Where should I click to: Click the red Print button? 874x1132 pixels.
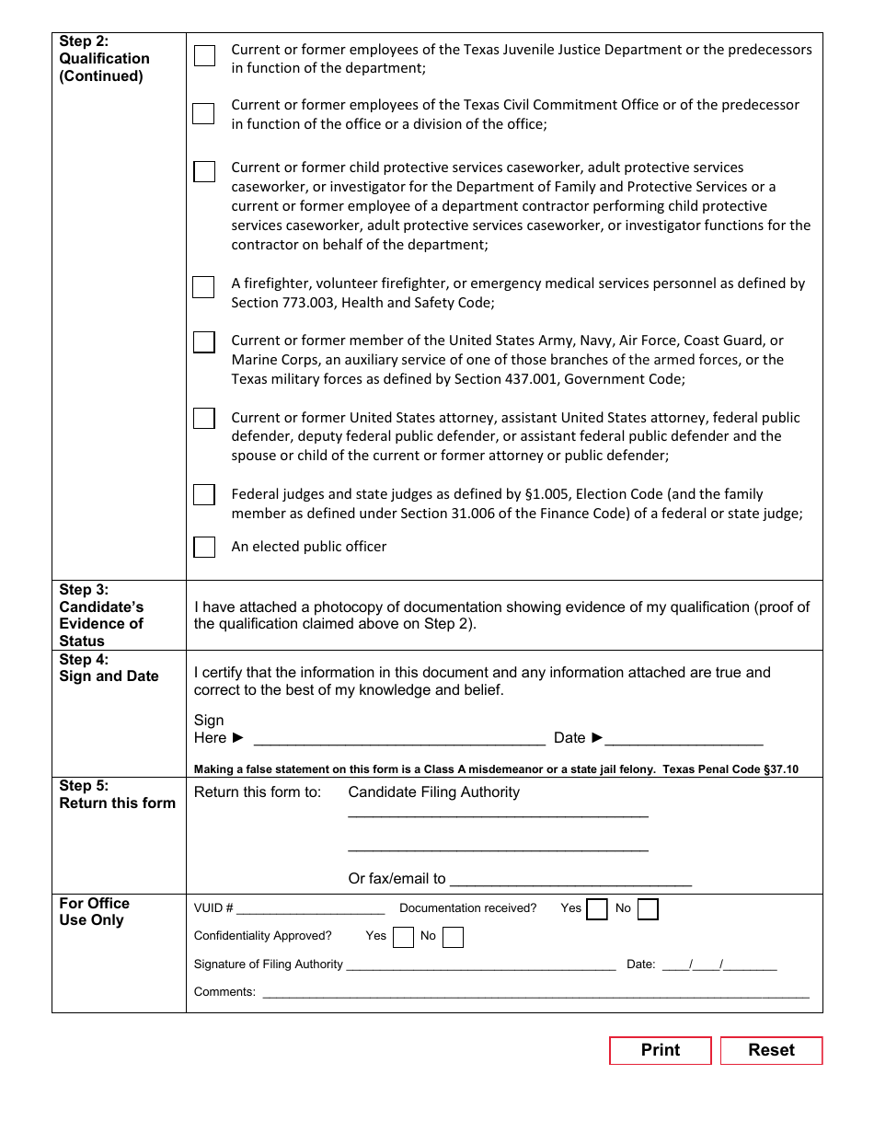pyautogui.click(x=660, y=1050)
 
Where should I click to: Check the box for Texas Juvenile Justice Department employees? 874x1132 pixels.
pyautogui.click(x=204, y=55)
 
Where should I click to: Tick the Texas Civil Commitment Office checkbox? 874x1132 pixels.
pyautogui.click(x=203, y=113)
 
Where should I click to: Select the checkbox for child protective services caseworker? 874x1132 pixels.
pyautogui.click(x=204, y=171)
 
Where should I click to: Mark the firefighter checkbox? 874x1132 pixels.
pyautogui.click(x=203, y=287)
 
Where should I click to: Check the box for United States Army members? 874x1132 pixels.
pyautogui.click(x=204, y=342)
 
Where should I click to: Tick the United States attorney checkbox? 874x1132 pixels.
pyautogui.click(x=204, y=419)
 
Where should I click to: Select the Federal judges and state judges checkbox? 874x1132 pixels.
pyautogui.click(x=204, y=495)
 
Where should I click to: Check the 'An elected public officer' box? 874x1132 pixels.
pyautogui.click(x=204, y=547)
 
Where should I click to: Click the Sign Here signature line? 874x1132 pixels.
pyautogui.click(x=398, y=739)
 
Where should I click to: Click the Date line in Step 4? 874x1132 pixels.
pyautogui.click(x=684, y=739)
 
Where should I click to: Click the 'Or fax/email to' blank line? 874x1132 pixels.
pyautogui.click(x=570, y=880)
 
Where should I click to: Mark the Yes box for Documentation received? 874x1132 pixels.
pyautogui.click(x=597, y=909)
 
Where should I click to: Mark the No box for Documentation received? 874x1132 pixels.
pyautogui.click(x=648, y=909)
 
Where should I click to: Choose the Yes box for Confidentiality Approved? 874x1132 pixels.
pyautogui.click(x=403, y=937)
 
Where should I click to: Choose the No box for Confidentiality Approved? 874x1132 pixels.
pyautogui.click(x=453, y=937)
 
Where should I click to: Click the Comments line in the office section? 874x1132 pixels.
pyautogui.click(x=535, y=993)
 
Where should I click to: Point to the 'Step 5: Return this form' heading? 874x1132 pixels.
pyautogui.click(x=118, y=794)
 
